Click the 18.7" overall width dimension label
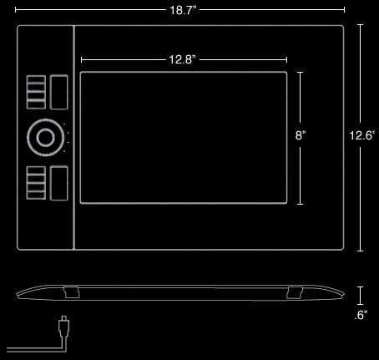tap(183, 10)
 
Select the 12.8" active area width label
tap(183, 59)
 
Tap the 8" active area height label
tap(301, 135)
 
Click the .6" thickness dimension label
tap(361, 315)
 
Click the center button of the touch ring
tap(46, 138)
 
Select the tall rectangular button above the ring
tap(59, 92)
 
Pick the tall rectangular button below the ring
tap(59, 183)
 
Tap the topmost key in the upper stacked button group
tap(36, 79)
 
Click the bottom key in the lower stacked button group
tap(36, 195)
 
